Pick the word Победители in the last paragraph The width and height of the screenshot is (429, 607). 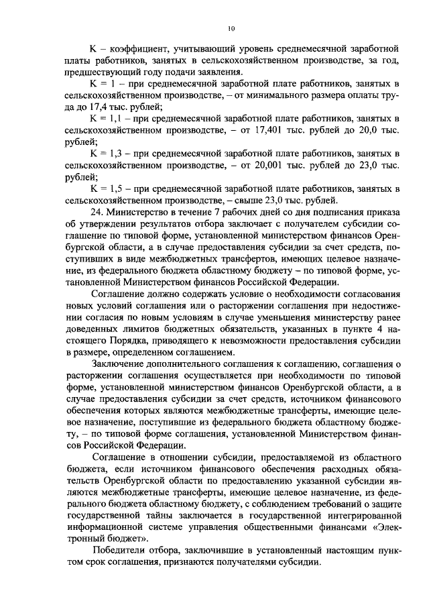pos(120,550)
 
